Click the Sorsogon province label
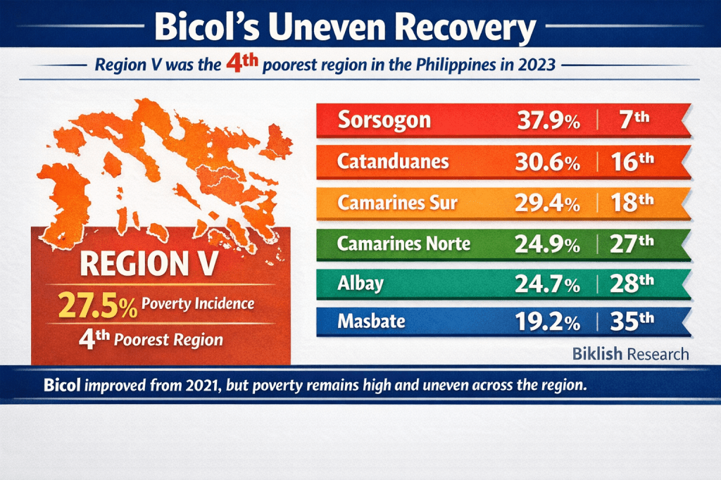[x=384, y=120]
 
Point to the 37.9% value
[x=549, y=120]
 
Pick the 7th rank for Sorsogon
[x=632, y=120]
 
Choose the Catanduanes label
[x=393, y=162]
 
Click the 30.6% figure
[x=549, y=163]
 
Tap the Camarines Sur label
[x=397, y=203]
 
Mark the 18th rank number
[x=632, y=203]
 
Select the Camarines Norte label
[x=403, y=244]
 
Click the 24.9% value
[x=549, y=245]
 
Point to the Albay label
[x=360, y=284]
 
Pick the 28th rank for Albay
[x=632, y=284]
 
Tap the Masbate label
[x=371, y=322]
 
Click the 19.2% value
[x=549, y=323]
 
